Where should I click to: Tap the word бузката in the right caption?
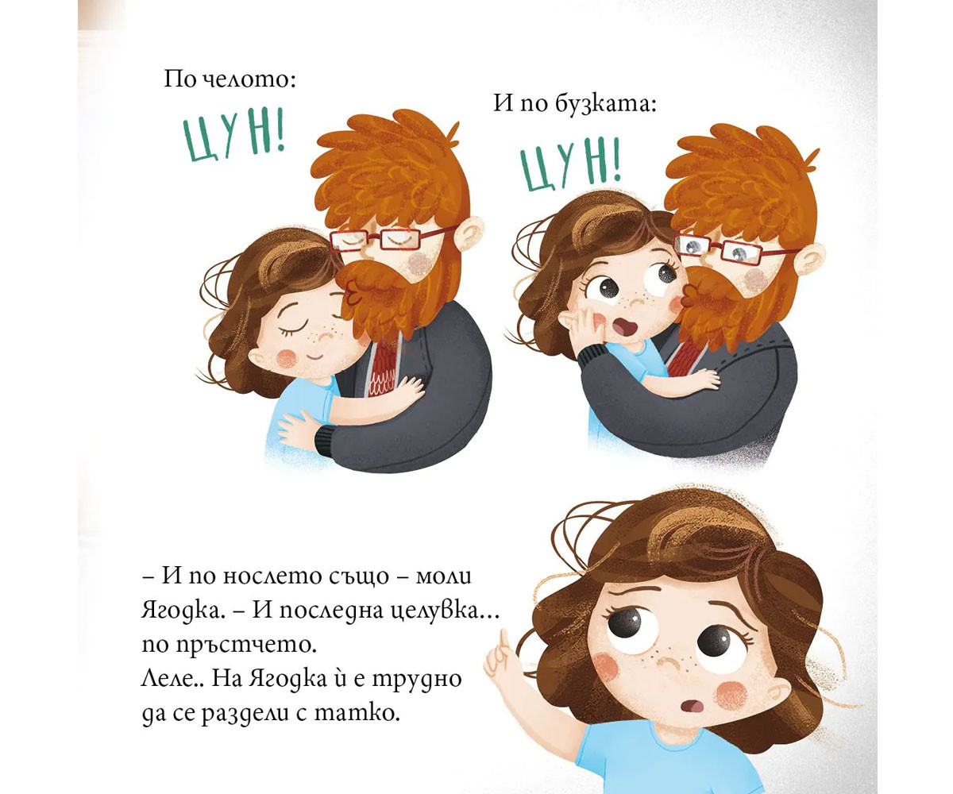point(607,104)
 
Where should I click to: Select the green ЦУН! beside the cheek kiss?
point(570,164)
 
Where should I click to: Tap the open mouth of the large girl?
point(693,707)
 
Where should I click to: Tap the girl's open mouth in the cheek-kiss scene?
point(623,326)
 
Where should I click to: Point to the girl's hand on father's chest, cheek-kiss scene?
point(704,378)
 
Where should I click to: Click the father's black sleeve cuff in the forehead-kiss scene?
point(324,441)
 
